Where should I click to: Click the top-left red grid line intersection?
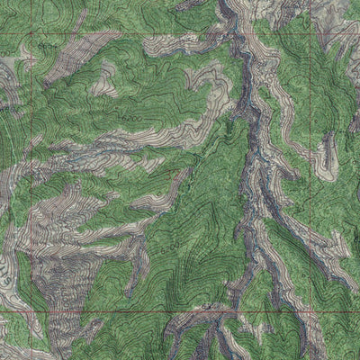click(35, 34)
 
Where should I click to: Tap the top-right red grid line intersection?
click(311, 34)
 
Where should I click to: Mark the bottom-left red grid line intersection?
click(35, 311)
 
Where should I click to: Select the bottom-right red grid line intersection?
click(311, 311)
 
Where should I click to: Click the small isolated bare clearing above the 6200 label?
click(105, 85)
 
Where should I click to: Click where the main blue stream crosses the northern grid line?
click(241, 34)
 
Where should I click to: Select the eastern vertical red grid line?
click(311, 180)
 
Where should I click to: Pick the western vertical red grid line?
click(35, 180)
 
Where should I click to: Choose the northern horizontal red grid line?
click(135, 34)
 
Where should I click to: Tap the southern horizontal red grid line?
click(135, 311)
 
